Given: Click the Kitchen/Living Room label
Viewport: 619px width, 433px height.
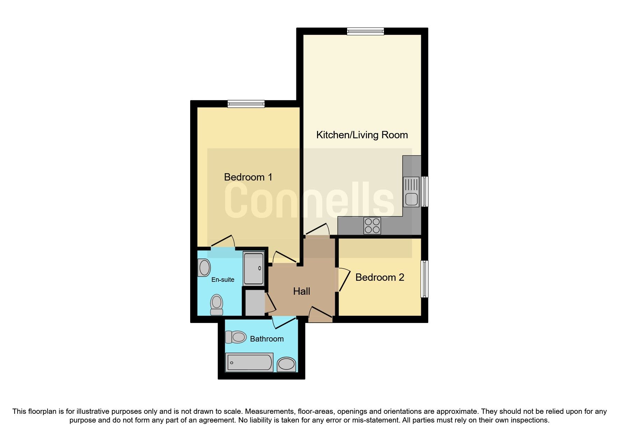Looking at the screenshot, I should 362,135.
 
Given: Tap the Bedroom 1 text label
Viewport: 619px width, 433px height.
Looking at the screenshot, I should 248,177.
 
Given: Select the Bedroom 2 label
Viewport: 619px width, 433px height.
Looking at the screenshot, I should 380,277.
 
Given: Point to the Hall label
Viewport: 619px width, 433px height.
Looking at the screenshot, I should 301,291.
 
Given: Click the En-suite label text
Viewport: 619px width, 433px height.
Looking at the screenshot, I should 223,280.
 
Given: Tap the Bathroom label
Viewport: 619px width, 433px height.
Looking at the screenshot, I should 267,339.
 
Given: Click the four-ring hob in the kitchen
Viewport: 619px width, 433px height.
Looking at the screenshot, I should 372,226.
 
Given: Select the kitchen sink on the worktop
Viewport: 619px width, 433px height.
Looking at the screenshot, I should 411,192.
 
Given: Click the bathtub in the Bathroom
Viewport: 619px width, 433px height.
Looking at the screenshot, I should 249,362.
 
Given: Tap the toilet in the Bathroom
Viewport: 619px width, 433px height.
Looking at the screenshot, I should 236,337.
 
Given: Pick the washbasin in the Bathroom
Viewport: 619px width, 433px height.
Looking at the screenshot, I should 287,364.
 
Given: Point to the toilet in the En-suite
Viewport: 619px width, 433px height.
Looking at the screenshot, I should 217,305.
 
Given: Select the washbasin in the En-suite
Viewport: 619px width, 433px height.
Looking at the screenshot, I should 204,268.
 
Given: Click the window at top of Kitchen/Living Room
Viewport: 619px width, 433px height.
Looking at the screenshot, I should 365,31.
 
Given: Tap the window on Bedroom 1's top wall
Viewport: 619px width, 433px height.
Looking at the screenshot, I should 246,104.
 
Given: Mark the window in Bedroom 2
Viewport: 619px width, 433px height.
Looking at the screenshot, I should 424,279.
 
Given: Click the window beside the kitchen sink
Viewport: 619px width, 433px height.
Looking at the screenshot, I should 425,191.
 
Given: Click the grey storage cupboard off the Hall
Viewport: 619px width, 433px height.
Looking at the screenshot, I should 254,302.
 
